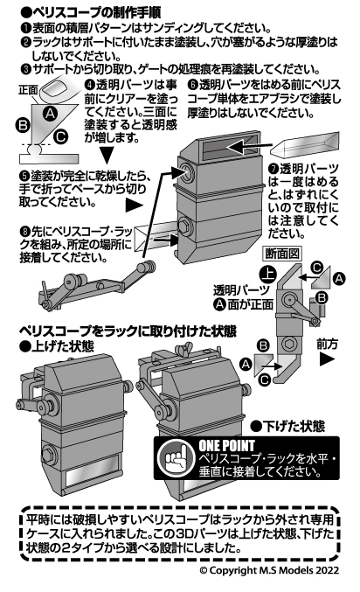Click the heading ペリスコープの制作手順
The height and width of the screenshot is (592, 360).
(91, 11)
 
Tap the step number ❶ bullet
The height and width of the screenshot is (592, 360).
(26, 28)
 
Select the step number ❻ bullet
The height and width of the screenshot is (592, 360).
(192, 85)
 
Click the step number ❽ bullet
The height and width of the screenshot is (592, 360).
(24, 230)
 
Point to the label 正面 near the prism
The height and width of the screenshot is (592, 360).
(28, 90)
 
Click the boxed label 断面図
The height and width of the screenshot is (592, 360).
(282, 254)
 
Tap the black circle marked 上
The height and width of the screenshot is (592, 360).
(268, 275)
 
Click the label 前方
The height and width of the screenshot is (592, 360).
(327, 344)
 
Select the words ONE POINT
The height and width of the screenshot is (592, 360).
(226, 446)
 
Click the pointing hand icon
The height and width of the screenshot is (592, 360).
(173, 458)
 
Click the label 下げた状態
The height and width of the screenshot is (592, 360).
(288, 426)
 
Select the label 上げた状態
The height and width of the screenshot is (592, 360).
(57, 346)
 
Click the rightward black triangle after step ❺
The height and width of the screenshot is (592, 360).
(134, 205)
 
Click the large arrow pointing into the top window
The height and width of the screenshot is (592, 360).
(249, 147)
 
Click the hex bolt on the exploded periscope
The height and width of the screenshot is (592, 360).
(185, 227)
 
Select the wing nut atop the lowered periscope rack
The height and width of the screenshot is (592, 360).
(183, 349)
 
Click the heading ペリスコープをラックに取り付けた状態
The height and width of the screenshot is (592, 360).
(128, 331)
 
